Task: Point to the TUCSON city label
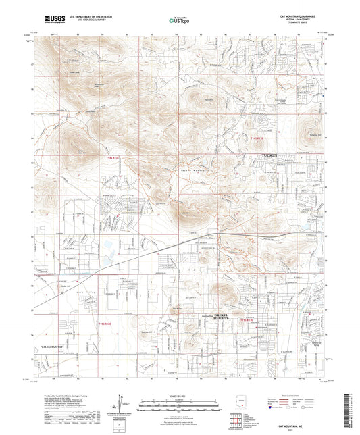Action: coord(271,155)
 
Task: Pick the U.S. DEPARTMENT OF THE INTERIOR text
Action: coord(82,19)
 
